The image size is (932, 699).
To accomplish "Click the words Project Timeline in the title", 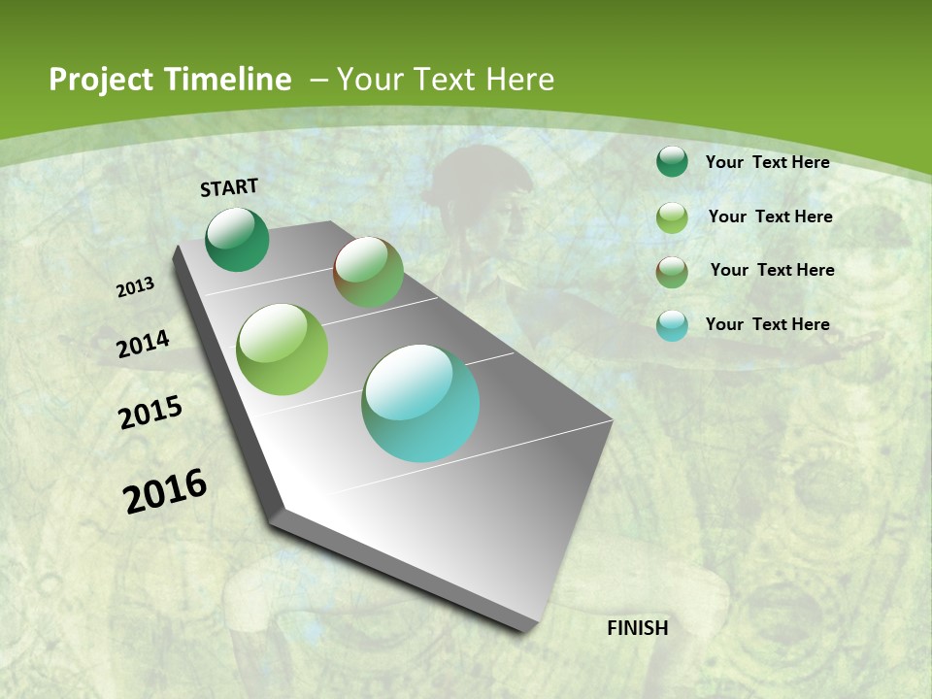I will (x=170, y=80).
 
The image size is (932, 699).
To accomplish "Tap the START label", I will (x=229, y=187).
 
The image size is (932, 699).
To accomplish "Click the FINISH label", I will (x=638, y=628).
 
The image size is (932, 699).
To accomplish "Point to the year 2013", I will (x=136, y=287).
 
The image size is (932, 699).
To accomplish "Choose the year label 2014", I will (x=144, y=344).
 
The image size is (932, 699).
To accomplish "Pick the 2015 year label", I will (x=150, y=413).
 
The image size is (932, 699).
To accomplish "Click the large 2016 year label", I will (x=165, y=491).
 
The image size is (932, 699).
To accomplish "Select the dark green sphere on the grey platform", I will (x=237, y=240).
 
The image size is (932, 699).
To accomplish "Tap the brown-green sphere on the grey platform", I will (x=368, y=272).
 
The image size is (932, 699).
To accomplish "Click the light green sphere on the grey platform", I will (x=283, y=349).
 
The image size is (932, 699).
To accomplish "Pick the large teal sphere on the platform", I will (x=420, y=403).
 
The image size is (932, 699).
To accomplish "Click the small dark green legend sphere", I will (x=672, y=162).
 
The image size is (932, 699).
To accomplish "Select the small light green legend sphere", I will (x=672, y=217).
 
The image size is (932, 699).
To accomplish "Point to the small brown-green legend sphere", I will (x=672, y=272).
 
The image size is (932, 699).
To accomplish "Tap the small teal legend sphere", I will (x=672, y=325).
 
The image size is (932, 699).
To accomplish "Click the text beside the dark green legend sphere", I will (x=767, y=162).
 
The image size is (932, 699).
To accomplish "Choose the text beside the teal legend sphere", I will (x=767, y=324).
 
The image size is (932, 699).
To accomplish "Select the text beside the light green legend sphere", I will (x=770, y=216).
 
